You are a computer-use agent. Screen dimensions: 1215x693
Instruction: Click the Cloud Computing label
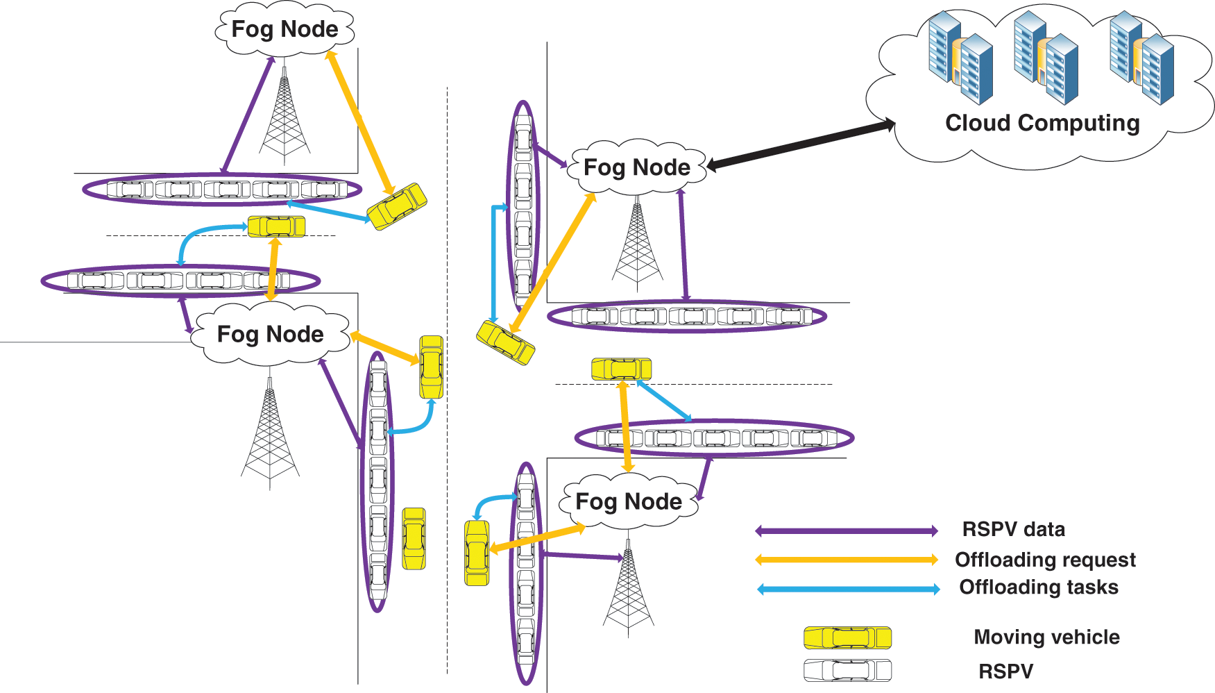pos(1042,123)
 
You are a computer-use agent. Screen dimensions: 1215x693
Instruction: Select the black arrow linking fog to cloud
pos(801,144)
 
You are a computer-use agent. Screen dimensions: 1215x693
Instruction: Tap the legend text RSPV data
pos(1013,529)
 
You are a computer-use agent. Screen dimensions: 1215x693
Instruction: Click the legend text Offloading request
pos(1045,560)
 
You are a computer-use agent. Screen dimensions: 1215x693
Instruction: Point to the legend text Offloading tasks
pos(1039,587)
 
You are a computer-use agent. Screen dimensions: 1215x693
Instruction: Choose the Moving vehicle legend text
pos(1046,637)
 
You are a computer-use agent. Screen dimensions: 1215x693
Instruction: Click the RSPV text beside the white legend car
pos(1005,671)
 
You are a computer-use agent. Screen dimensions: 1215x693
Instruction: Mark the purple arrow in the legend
pos(847,531)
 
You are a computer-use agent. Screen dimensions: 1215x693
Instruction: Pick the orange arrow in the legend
pos(847,560)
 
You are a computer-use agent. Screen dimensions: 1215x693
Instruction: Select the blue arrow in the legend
pos(849,590)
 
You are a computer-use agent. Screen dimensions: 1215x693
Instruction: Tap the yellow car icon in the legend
pos(847,637)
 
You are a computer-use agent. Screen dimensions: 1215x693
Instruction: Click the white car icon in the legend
pos(847,671)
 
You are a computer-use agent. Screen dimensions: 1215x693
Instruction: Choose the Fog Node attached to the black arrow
pos(637,167)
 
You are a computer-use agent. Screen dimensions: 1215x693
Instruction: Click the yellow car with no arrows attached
pos(414,539)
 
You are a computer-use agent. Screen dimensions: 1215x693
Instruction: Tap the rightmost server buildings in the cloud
pos(1141,58)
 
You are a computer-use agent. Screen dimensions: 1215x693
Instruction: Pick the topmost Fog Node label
pos(284,29)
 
